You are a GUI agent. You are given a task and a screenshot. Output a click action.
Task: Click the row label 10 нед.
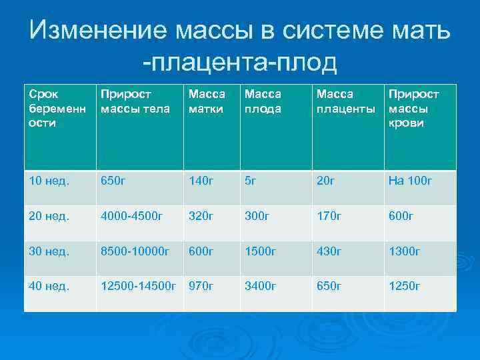(x=49, y=180)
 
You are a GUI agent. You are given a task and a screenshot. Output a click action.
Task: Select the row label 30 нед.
(x=49, y=251)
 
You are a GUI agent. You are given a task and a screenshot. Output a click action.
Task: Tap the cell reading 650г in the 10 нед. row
(x=115, y=180)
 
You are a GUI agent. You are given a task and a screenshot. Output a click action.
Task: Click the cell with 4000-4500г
(x=131, y=215)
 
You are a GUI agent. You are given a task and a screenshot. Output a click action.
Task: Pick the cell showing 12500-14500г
(x=138, y=286)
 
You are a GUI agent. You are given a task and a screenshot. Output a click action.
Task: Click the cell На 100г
(x=410, y=180)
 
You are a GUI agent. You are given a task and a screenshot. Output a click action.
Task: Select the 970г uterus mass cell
(x=201, y=286)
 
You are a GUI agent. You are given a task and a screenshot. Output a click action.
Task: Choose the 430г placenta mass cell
(x=329, y=251)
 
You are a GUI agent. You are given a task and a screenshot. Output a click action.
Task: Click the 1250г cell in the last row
(x=405, y=286)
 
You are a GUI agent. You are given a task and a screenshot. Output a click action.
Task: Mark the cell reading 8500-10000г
(x=135, y=251)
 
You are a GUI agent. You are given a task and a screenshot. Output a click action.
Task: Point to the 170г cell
(x=329, y=215)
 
